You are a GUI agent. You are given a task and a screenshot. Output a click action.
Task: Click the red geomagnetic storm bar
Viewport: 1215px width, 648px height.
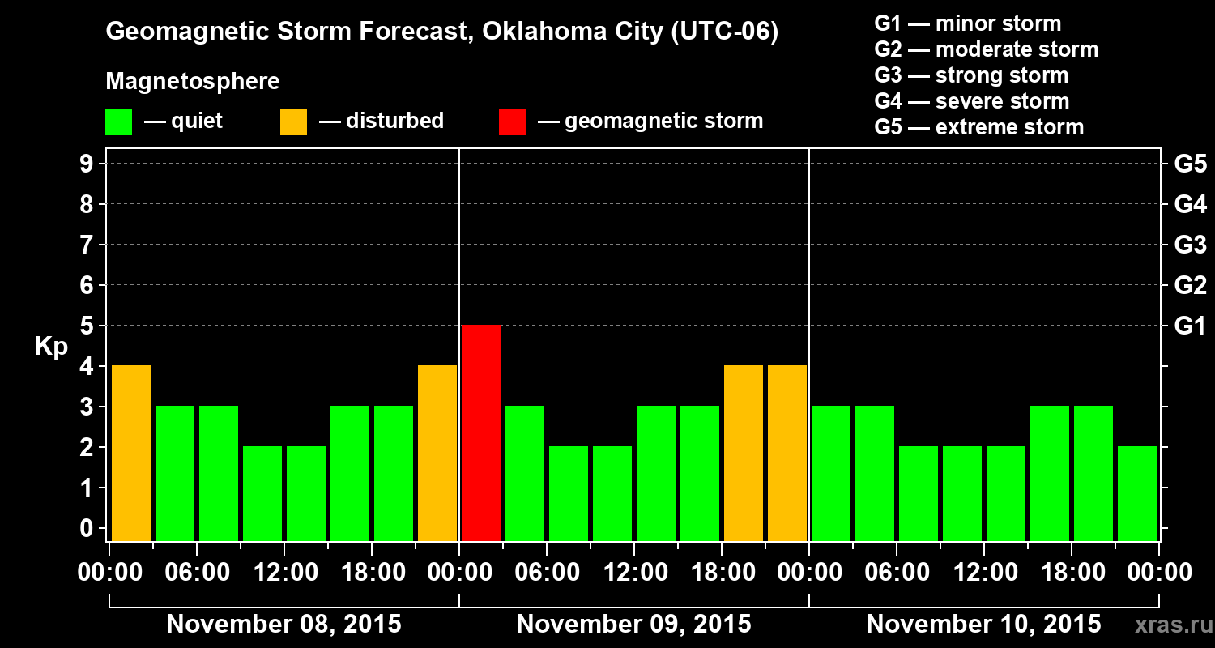[481, 433]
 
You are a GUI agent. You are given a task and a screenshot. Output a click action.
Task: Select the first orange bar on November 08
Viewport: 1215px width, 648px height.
[131, 453]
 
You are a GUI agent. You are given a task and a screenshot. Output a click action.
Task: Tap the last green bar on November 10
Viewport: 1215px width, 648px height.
[1137, 493]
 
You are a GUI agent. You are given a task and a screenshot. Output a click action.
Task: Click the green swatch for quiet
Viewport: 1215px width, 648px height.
[118, 122]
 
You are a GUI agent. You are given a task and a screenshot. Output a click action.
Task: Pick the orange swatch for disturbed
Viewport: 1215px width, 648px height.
[293, 122]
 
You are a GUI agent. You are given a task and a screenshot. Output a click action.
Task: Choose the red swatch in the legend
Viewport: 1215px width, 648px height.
[512, 122]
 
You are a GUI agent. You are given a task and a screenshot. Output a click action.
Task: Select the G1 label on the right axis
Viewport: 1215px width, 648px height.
[1190, 326]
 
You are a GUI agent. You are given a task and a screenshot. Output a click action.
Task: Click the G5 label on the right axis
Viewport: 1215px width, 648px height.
[1190, 164]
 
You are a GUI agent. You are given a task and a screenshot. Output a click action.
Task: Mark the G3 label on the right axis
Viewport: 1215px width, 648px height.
[1190, 245]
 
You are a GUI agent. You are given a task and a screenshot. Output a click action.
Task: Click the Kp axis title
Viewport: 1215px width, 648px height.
[51, 347]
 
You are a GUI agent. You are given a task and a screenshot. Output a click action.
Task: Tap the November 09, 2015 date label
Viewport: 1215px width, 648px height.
[633, 625]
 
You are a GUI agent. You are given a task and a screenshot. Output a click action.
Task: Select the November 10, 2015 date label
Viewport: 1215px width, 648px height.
[983, 625]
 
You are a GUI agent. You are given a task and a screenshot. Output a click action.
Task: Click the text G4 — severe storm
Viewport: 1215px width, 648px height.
[971, 101]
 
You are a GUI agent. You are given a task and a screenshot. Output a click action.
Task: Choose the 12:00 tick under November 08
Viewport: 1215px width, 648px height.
[285, 573]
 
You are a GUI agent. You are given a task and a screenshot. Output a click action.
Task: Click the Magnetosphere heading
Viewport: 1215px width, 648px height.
[193, 82]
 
